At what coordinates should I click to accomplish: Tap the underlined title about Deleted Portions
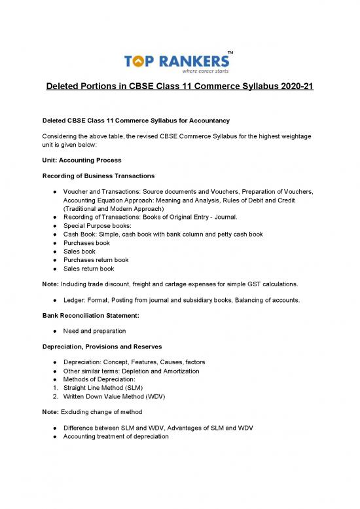click(180, 88)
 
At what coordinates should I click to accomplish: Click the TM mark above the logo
click(230, 52)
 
